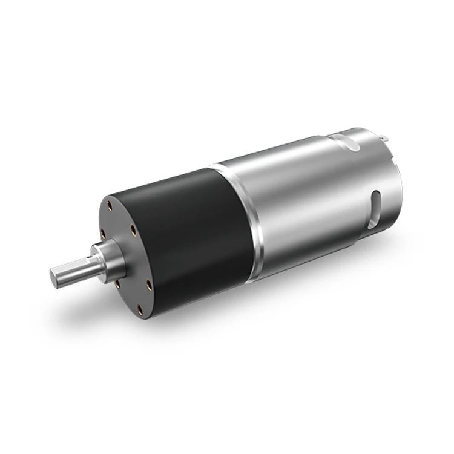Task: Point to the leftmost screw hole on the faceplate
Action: coord(102,232)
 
